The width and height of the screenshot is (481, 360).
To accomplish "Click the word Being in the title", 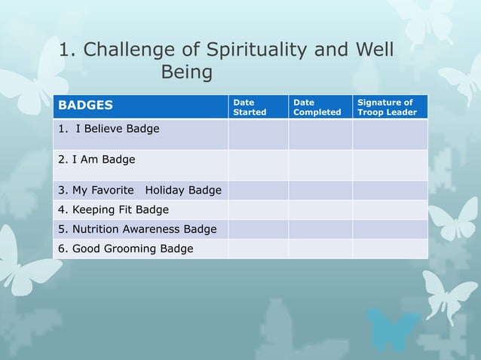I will pyautogui.click(x=187, y=73).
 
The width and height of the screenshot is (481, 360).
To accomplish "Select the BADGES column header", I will pyautogui.click(x=87, y=105).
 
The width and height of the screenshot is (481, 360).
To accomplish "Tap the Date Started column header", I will pyautogui.click(x=249, y=107).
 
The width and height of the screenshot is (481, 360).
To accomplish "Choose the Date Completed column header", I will pyautogui.click(x=317, y=107).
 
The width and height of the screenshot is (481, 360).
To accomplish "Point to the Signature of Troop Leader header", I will pyautogui.click(x=387, y=107).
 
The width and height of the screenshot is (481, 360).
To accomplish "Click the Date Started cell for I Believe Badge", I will pyautogui.click(x=258, y=134).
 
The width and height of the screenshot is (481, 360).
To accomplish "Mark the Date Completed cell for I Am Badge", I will pyautogui.click(x=320, y=164).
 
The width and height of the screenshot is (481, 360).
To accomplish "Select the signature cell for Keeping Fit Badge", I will pyautogui.click(x=390, y=209).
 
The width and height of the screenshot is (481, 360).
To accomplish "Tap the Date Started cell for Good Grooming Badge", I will pyautogui.click(x=258, y=249).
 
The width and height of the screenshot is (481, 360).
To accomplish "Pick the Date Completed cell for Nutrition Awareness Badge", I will pyautogui.click(x=320, y=229).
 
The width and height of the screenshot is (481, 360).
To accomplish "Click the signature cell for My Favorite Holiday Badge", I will pyautogui.click(x=390, y=190).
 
